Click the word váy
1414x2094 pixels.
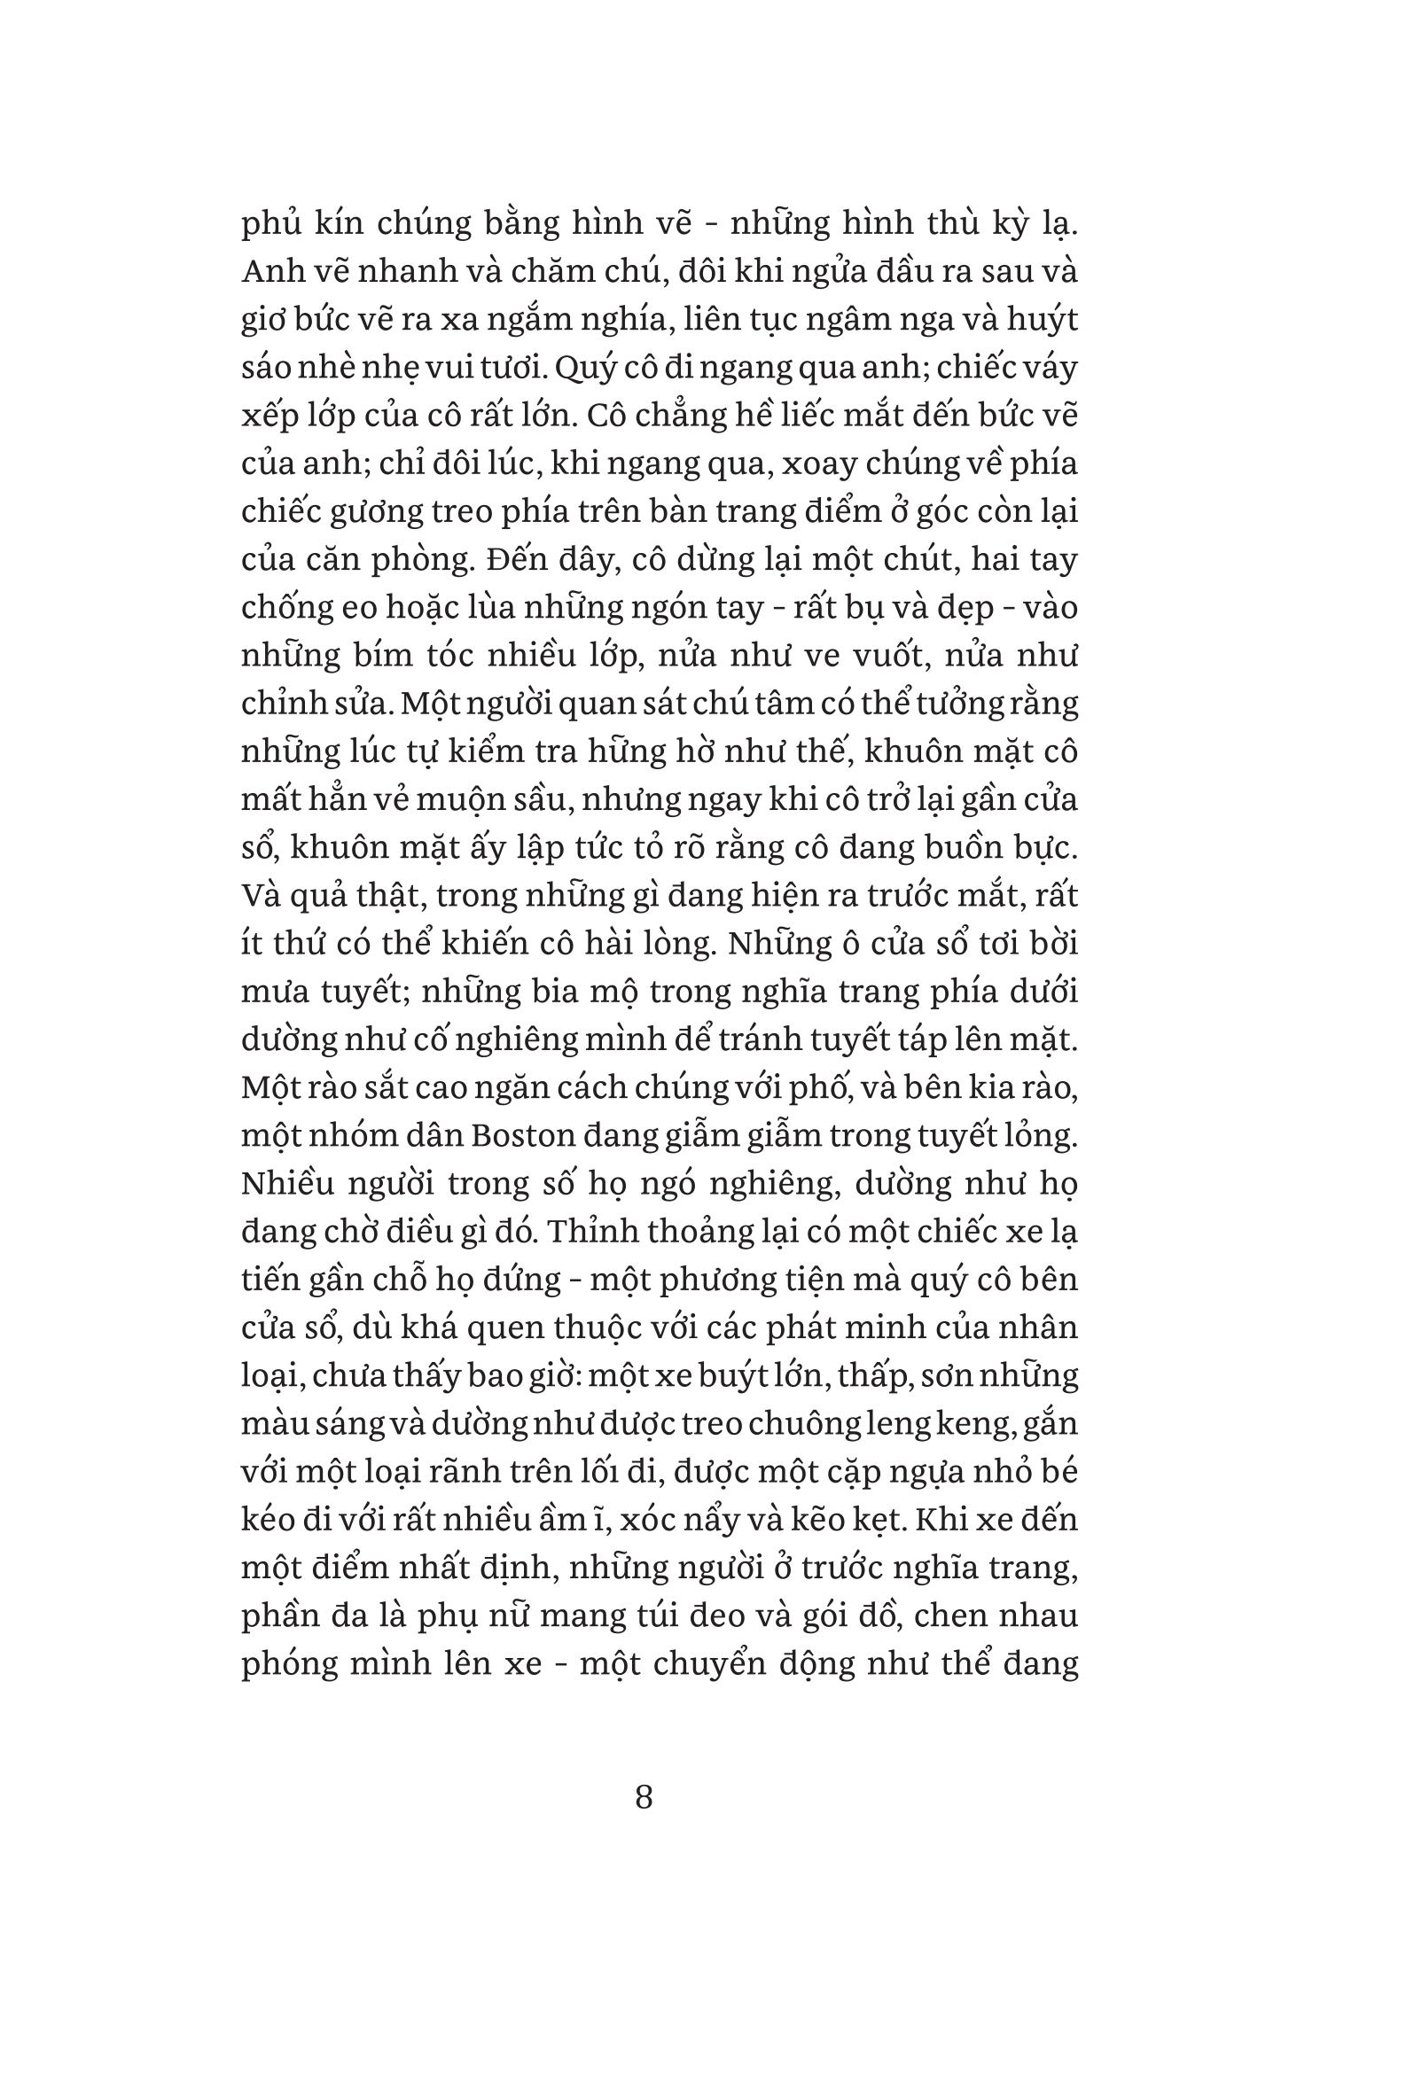pos(1047,369)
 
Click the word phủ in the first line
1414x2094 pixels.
pos(271,224)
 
